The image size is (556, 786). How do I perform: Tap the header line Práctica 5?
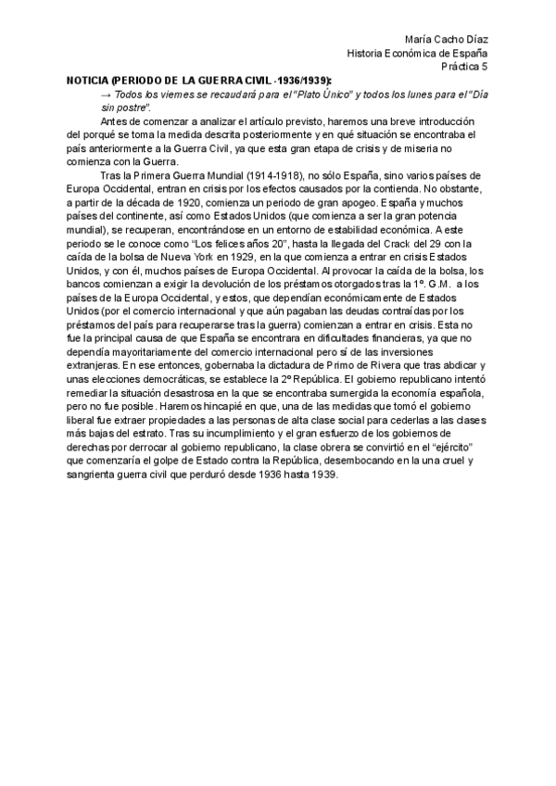tap(462, 68)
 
